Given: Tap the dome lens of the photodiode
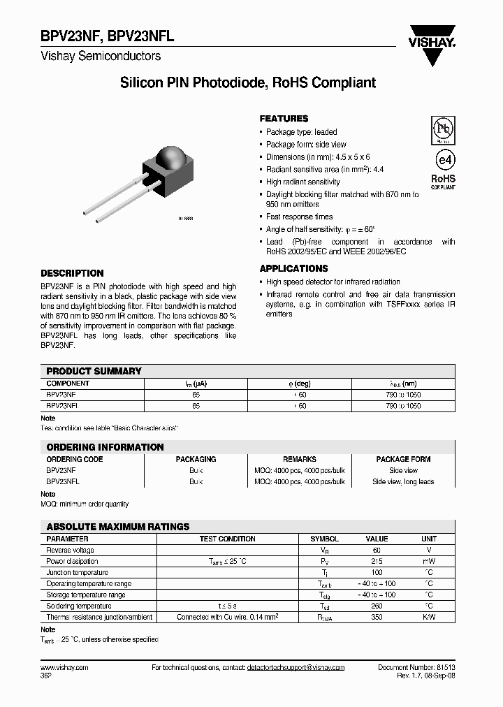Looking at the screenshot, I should pyautogui.click(x=169, y=157).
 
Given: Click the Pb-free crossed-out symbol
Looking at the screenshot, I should pyautogui.click(x=442, y=130).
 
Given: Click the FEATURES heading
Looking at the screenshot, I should pyautogui.click(x=284, y=119).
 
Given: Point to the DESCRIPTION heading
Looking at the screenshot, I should pyautogui.click(x=72, y=273).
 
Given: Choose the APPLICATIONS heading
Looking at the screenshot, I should pyautogui.click(x=293, y=268).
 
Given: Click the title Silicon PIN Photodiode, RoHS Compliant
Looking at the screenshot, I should pyautogui.click(x=248, y=83).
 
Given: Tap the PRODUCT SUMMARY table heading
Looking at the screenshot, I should pyautogui.click(x=94, y=371).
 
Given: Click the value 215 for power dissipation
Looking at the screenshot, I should pyautogui.click(x=377, y=561).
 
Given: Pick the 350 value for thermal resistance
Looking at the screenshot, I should pyautogui.click(x=377, y=617).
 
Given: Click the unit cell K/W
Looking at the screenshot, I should pyautogui.click(x=429, y=617).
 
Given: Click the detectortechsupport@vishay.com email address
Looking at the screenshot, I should pyautogui.click(x=296, y=667).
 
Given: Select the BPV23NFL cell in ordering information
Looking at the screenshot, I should pyautogui.click(x=63, y=481).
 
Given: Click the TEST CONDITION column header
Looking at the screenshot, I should pyautogui.click(x=227, y=539).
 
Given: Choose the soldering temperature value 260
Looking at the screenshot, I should pyautogui.click(x=377, y=606).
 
